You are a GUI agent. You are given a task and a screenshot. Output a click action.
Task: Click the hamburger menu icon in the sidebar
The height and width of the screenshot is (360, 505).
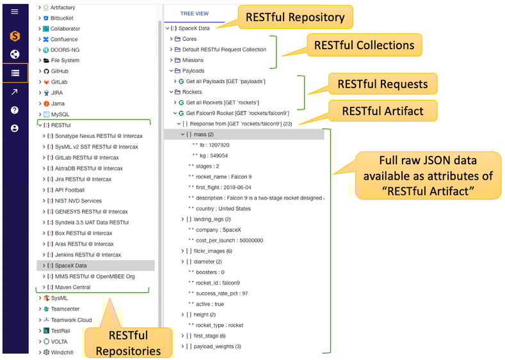(x=15, y=12)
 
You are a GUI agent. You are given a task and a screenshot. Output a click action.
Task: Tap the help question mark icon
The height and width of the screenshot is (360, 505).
(x=15, y=110)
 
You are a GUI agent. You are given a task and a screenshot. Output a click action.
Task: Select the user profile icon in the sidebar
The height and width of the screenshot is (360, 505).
(x=15, y=129)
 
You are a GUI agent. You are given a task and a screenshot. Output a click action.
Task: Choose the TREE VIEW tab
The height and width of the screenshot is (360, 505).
(x=194, y=13)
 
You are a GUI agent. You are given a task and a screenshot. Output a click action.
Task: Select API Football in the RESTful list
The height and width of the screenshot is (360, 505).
(x=70, y=190)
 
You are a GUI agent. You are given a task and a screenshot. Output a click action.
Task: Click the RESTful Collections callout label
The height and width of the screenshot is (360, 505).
(x=364, y=45)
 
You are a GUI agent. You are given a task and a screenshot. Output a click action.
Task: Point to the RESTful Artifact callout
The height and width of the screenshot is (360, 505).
(x=383, y=111)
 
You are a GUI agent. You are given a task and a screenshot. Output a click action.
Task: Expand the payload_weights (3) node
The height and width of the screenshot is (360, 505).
(x=182, y=347)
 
